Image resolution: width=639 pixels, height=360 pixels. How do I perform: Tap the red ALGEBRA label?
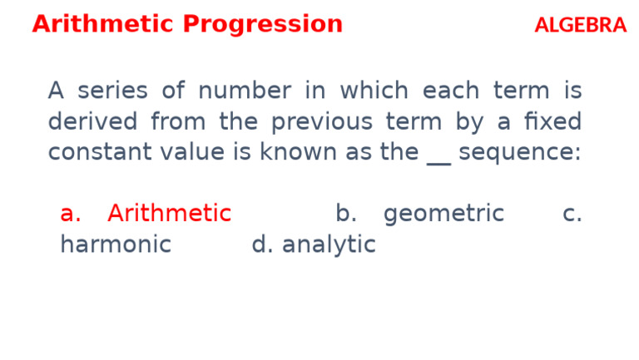tap(580, 26)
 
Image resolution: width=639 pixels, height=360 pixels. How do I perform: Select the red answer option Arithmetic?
tap(169, 215)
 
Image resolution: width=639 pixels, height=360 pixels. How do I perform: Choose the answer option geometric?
tap(443, 215)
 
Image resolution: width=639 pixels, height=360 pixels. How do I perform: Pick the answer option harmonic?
tap(115, 245)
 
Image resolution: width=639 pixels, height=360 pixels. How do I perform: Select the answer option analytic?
tap(329, 245)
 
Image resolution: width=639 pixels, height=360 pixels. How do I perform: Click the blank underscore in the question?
tap(438, 158)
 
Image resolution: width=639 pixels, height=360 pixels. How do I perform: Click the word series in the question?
tap(112, 91)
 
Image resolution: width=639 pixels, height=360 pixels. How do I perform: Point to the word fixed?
tap(552, 122)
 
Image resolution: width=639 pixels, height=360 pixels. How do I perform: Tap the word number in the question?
tap(245, 91)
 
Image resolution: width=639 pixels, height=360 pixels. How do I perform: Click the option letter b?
tap(345, 215)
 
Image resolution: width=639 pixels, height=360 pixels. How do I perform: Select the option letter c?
tap(572, 215)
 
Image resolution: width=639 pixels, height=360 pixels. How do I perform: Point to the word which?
tap(374, 91)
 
